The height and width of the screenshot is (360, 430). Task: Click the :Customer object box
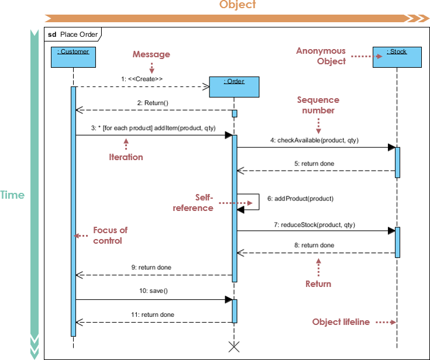[73, 57]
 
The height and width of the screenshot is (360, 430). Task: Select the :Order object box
[234, 86]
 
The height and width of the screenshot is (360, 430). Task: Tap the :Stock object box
[397, 57]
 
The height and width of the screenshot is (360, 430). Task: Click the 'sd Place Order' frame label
[73, 34]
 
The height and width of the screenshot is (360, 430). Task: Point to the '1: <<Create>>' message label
[142, 78]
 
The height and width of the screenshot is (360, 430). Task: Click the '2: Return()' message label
[153, 103]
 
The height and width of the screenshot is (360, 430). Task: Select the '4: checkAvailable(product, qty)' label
[314, 140]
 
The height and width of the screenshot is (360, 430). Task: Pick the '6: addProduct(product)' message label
[300, 199]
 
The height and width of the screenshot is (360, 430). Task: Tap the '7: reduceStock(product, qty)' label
[314, 224]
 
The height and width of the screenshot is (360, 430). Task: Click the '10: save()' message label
[153, 290]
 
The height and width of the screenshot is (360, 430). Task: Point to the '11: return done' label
[153, 314]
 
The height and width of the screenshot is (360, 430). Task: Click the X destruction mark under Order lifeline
[234, 347]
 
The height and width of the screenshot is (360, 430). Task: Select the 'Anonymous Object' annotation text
[321, 56]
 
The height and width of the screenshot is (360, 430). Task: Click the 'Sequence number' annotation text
[318, 105]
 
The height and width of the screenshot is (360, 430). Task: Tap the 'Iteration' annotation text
[126, 157]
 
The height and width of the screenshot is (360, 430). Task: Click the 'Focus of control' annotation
[110, 235]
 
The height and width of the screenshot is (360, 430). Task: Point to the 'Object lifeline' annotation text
[341, 322]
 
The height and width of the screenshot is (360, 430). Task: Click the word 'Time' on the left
[12, 195]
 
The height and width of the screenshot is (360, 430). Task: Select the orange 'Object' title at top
[238, 5]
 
